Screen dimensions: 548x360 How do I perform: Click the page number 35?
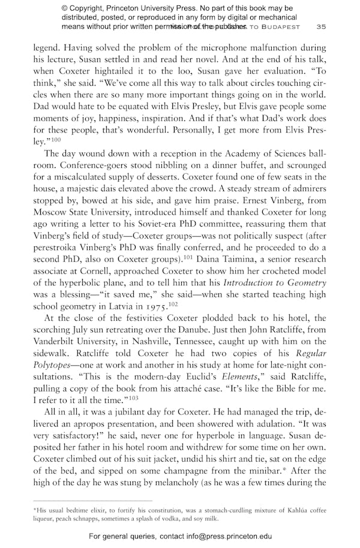click(x=321, y=27)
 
